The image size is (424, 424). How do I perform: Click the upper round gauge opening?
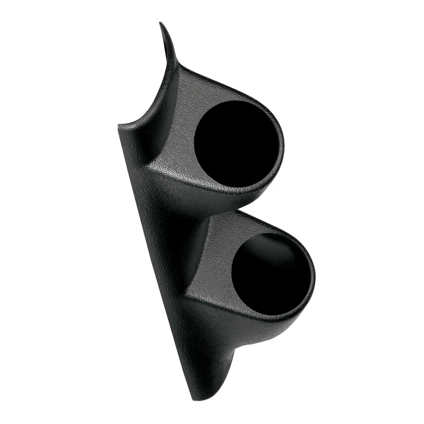[x=237, y=144]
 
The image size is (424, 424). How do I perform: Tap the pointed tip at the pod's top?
[x=161, y=24]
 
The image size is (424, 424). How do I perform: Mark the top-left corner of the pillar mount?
[x=119, y=126]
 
